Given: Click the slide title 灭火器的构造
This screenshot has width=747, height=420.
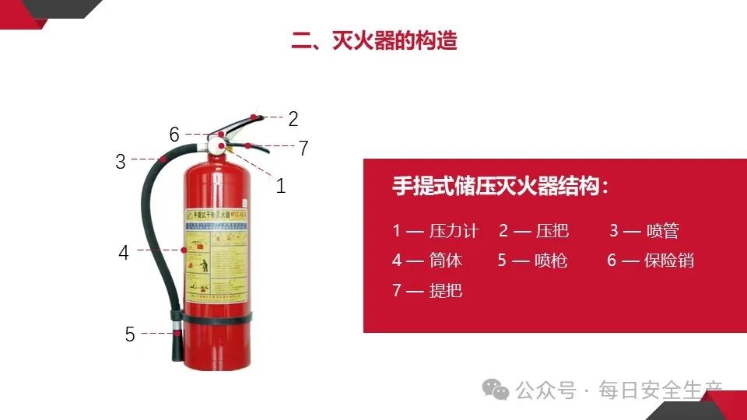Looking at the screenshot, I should click(374, 40).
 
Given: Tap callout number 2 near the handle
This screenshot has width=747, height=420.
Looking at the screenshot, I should click(293, 119).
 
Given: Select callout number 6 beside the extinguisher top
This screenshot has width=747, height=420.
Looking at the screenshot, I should click(174, 135).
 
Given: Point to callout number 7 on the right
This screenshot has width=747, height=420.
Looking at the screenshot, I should click(303, 148).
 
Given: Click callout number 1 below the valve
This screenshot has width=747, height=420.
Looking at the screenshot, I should click(281, 186).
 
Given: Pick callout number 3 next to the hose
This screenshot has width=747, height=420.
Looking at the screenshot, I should click(121, 162).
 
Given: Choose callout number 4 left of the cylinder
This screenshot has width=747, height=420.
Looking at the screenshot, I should click(124, 253).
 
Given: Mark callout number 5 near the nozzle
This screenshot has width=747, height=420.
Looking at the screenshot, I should click(130, 334).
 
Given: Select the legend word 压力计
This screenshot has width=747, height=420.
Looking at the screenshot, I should click(454, 231).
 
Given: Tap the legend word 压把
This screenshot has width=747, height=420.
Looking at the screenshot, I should click(552, 231).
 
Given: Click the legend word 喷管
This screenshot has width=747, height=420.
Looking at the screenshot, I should click(663, 231).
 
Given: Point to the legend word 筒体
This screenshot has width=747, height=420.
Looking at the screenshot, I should click(446, 261).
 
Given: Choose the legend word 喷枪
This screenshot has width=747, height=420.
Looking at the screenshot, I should click(551, 261).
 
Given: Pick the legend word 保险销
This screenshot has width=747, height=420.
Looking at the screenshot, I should click(669, 261).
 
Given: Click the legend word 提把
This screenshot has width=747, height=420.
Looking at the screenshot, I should click(446, 291).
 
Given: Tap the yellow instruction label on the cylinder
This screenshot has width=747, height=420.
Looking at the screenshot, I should click(216, 253).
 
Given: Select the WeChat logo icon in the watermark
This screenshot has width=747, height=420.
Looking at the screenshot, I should click(495, 389).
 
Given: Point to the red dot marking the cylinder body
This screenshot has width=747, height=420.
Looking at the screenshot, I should click(184, 250).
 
